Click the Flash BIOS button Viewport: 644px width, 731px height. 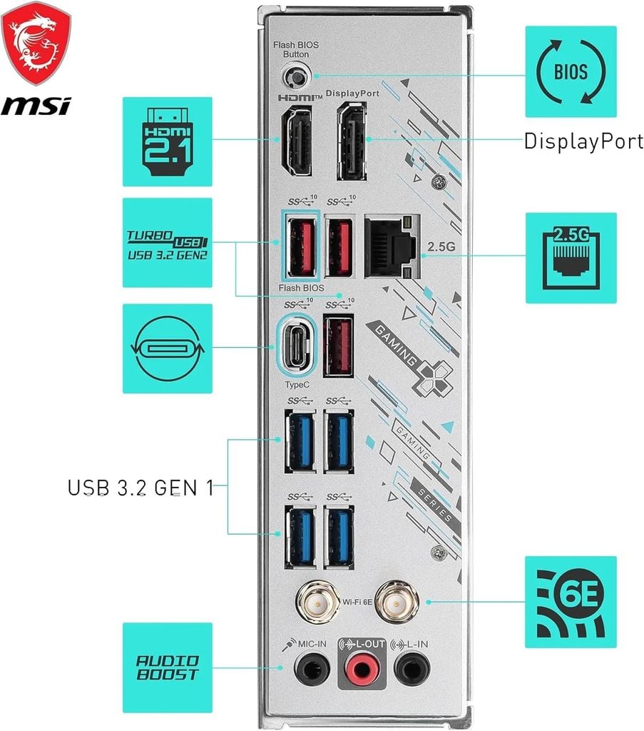[295, 75]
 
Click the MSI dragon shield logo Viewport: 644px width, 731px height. [35, 42]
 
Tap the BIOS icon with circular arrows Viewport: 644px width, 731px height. [571, 71]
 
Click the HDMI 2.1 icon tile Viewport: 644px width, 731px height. [167, 142]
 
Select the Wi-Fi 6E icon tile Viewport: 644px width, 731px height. [571, 602]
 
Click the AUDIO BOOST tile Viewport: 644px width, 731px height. [167, 667]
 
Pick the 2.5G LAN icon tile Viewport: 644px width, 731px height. [571, 257]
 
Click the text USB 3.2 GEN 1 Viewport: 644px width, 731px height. [140, 488]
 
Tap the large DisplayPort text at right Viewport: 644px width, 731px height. [583, 141]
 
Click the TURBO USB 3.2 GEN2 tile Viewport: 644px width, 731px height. [167, 243]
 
